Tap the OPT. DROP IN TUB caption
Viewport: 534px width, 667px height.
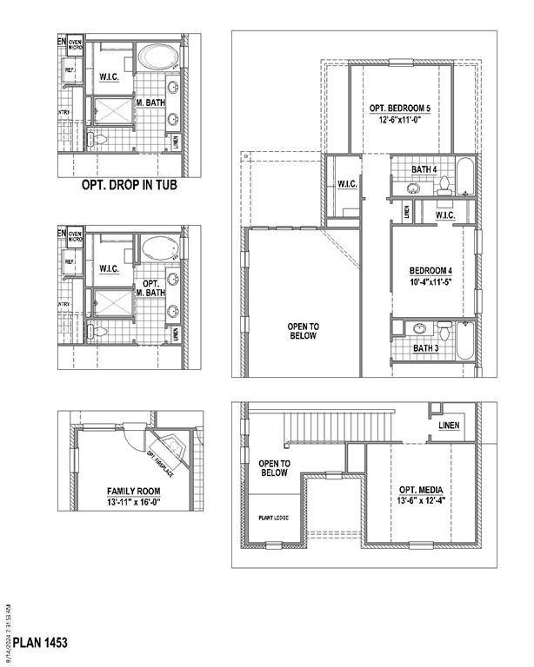tap(129, 186)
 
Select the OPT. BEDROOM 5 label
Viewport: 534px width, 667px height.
tap(400, 109)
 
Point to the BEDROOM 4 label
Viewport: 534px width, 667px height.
tap(431, 271)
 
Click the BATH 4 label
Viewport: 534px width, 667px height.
tap(424, 170)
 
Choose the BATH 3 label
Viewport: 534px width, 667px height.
tap(425, 348)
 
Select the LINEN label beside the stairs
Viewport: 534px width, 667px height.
tap(450, 426)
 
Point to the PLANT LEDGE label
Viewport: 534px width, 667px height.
tap(273, 518)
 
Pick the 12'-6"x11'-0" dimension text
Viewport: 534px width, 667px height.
tap(400, 120)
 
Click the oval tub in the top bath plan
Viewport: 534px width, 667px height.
tap(157, 58)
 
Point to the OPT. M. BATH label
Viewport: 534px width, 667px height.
tap(150, 288)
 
